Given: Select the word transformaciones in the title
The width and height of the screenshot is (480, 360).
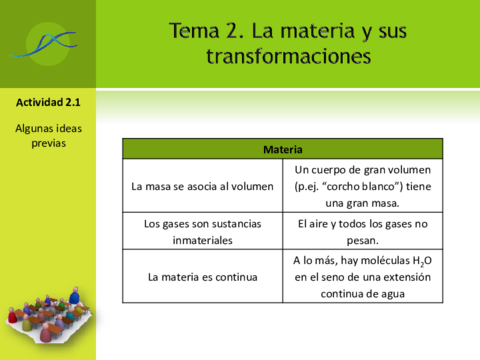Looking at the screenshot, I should (x=288, y=57).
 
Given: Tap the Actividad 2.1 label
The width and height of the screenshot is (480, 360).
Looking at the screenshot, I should (x=48, y=102).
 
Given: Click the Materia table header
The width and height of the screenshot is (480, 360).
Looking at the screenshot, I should (x=284, y=150).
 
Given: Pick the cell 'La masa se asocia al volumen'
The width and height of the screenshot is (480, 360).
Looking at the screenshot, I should (x=202, y=186).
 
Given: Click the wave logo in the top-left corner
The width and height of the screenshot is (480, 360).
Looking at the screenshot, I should (x=48, y=42).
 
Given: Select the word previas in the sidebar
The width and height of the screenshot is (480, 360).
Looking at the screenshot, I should (x=48, y=143).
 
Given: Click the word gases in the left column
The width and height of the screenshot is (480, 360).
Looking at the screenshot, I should (x=184, y=224).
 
